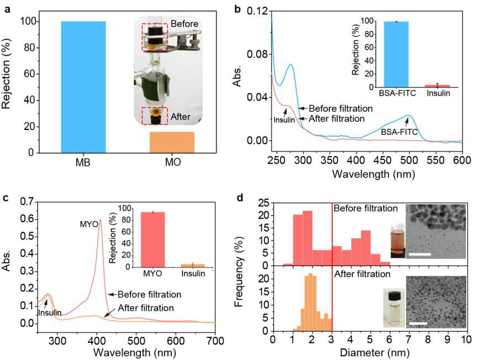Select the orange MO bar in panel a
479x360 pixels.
click(172, 142)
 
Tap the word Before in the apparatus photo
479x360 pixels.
click(185, 25)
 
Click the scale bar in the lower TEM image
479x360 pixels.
click(417, 323)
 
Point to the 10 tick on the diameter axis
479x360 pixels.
click(466, 339)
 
